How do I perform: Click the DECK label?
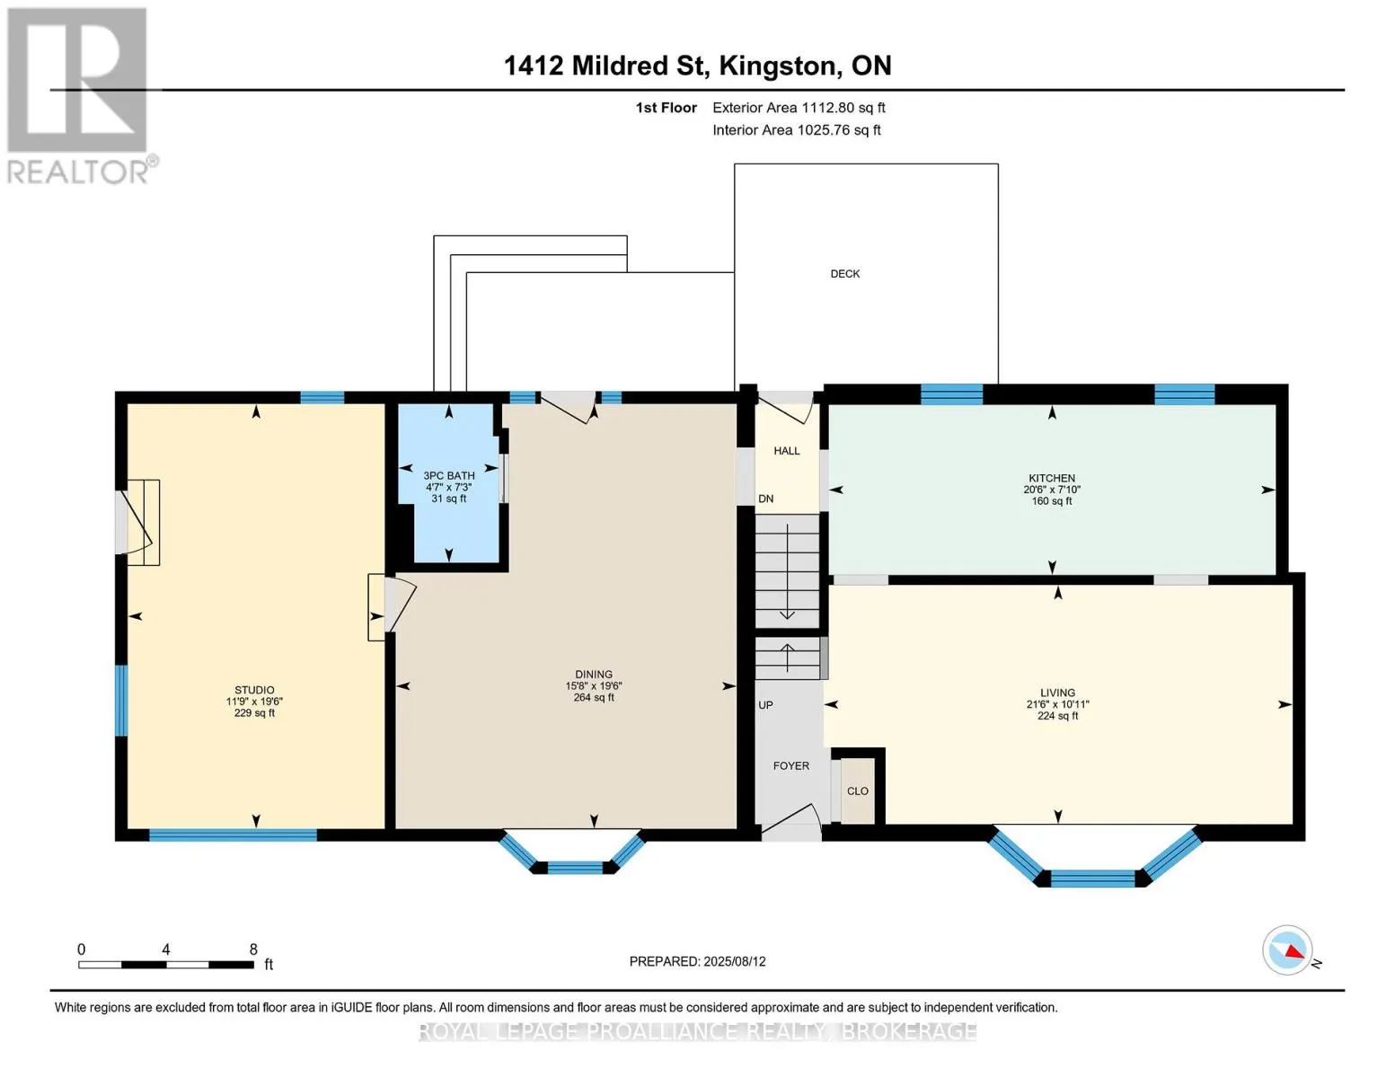pos(845,273)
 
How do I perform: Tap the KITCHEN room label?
pos(1052,478)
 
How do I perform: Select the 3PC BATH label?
pos(449,475)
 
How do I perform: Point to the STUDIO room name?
pos(254,690)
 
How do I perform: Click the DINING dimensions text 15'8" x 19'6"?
pos(594,685)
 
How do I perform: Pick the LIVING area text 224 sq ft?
pos(1057,715)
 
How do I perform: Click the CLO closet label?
pos(858,791)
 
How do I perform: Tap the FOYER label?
pos(790,765)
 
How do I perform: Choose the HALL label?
pos(786,451)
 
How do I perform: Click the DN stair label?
pos(766,499)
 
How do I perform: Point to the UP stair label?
pos(765,704)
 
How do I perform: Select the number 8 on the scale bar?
pos(253,949)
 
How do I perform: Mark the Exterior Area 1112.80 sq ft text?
pos(799,108)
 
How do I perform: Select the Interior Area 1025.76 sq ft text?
pos(796,129)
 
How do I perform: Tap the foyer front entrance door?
pos(790,822)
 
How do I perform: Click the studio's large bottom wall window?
pos(233,835)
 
